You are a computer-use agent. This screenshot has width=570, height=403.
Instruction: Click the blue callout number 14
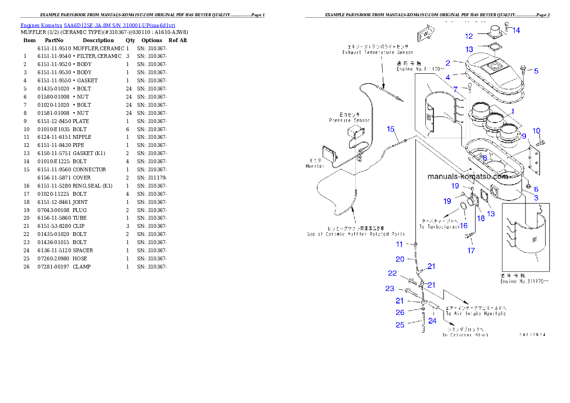(x=516, y=31)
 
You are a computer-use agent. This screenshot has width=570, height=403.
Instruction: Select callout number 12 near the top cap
(x=469, y=36)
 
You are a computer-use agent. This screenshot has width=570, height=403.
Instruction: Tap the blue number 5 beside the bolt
(x=536, y=71)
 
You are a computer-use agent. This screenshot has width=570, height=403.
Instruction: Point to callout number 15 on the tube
(x=391, y=129)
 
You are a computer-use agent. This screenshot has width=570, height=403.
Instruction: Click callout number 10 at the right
(x=536, y=131)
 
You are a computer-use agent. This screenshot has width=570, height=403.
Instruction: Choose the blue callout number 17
(x=471, y=250)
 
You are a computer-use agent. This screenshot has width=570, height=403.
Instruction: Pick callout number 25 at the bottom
(x=399, y=325)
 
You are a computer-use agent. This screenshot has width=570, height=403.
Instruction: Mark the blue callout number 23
(x=390, y=289)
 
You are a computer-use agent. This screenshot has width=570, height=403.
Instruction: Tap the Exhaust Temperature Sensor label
(x=377, y=53)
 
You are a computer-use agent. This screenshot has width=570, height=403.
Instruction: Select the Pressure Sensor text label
(x=349, y=121)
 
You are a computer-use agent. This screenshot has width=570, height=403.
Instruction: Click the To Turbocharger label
(x=440, y=226)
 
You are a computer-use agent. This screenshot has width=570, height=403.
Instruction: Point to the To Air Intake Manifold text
(x=476, y=313)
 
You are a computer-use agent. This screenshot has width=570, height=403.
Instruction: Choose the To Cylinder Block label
(x=466, y=335)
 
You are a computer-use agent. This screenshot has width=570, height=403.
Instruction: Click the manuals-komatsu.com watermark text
(x=467, y=176)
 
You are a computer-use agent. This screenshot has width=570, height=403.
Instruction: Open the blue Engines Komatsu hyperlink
(x=98, y=25)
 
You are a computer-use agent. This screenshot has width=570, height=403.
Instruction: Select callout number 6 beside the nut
(x=536, y=190)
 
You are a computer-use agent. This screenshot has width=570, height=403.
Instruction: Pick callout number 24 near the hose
(x=432, y=321)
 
